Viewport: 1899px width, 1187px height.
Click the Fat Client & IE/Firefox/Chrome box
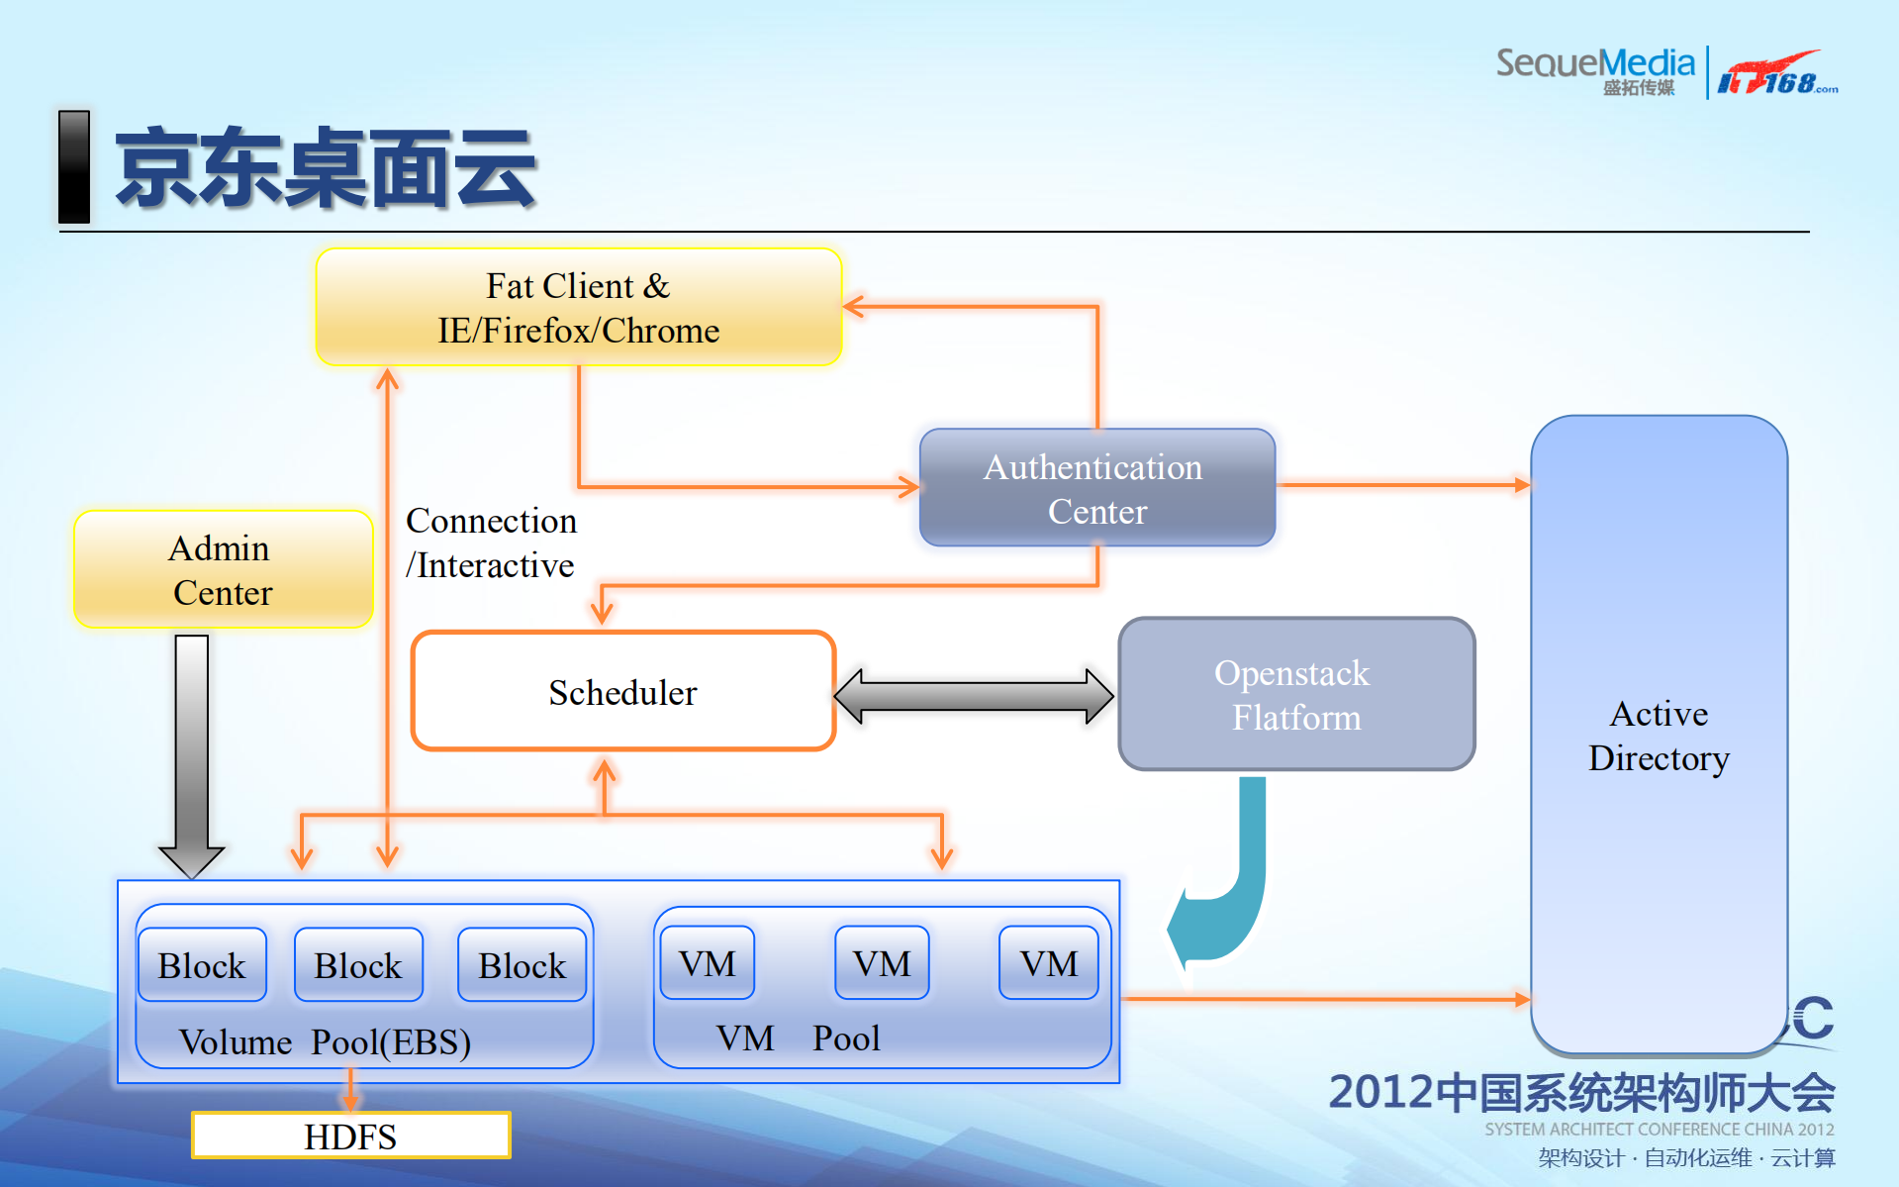(579, 307)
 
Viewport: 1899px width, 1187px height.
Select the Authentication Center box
(1096, 488)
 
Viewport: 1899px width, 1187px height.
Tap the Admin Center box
(223, 569)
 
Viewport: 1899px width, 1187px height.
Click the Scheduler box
(623, 692)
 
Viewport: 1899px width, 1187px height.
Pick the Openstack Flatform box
(1295, 694)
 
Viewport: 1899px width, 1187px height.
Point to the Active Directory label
(1659, 736)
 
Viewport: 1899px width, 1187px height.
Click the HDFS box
(350, 1136)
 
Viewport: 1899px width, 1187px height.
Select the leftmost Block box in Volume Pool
(202, 965)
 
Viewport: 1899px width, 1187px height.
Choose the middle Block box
(358, 965)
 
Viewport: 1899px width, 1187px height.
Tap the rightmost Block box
(522, 965)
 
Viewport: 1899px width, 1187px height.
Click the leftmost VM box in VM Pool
(708, 963)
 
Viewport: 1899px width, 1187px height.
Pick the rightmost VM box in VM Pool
(1049, 963)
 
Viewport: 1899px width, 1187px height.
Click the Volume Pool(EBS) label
(325, 1041)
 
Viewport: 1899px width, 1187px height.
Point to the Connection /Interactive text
(491, 543)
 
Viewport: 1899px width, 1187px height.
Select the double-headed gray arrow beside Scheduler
(975, 696)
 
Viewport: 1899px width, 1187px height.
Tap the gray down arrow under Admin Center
(192, 752)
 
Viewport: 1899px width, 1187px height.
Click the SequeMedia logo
(1594, 69)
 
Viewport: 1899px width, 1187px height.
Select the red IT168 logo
(1775, 74)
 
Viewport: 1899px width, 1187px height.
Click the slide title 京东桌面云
(327, 168)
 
